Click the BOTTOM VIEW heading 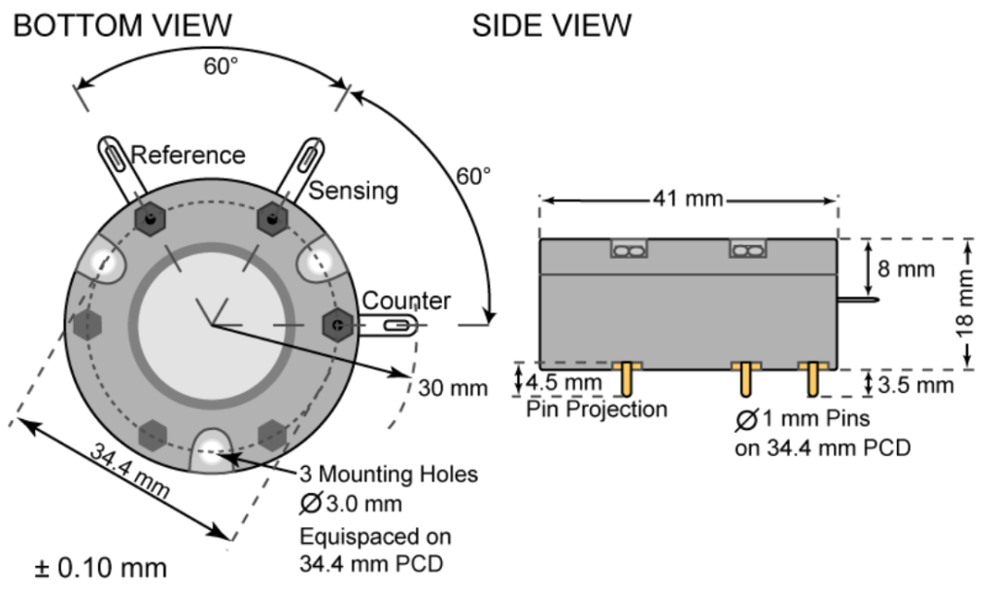point(122,25)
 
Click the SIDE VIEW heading point(551,25)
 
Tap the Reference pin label point(188,155)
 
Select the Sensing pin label point(354,191)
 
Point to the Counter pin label point(406,301)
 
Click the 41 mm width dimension point(688,199)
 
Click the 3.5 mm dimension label point(915,385)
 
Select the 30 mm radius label point(453,388)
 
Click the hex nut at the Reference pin point(149,220)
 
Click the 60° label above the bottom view point(220,67)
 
